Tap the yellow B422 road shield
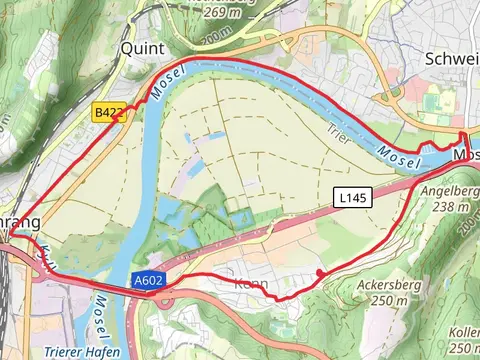point(109,114)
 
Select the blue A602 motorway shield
point(146,284)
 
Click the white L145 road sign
point(353,199)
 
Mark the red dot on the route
point(320,273)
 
